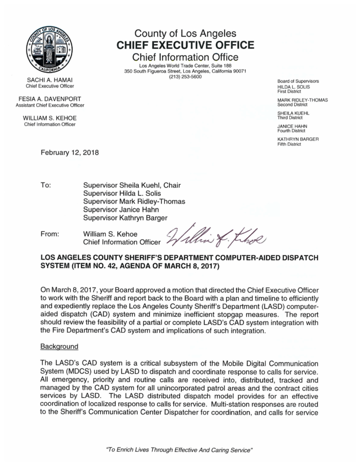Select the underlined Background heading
[60, 346]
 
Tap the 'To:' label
[46, 185]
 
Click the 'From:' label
[50, 234]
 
